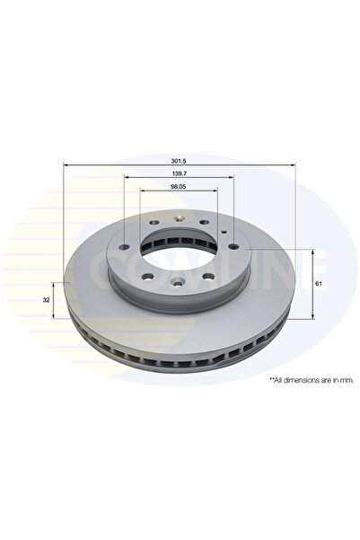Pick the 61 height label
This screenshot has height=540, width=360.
point(320,283)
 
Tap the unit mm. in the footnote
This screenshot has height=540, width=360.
point(347,380)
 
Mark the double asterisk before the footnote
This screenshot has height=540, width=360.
point(270,380)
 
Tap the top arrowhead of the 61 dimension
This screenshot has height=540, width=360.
point(312,252)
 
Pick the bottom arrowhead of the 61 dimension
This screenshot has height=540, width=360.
point(312,316)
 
